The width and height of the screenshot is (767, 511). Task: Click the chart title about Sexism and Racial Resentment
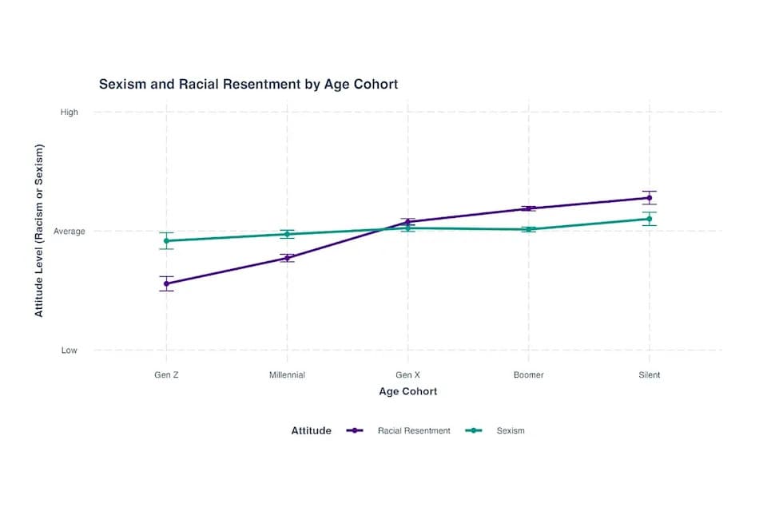pos(248,84)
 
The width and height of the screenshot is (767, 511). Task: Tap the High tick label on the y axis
pos(70,113)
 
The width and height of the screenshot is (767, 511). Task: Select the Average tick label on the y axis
pos(70,232)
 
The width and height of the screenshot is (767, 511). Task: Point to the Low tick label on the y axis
pos(70,351)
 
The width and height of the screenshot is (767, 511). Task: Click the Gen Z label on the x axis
pos(166,374)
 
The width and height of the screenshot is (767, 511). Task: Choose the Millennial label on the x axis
pos(287,374)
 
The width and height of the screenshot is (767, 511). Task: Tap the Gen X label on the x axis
pos(408,374)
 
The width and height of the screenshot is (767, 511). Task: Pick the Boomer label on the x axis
pos(529,374)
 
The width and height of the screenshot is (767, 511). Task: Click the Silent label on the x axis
pos(650,374)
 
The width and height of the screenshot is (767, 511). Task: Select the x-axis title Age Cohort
pos(407,391)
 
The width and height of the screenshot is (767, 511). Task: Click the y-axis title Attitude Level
pos(39,231)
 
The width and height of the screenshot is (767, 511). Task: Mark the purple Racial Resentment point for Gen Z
pos(166,283)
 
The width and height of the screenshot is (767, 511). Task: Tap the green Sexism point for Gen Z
pos(166,240)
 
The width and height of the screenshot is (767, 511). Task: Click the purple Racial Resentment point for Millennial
pos(287,258)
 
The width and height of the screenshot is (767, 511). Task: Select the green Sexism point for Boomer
pos(529,229)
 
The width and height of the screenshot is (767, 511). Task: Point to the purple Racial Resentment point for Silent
pos(650,197)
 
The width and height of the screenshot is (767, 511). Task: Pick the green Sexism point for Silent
pos(650,219)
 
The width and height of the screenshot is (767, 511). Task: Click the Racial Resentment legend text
pos(414,430)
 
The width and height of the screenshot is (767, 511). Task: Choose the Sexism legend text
pos(511,430)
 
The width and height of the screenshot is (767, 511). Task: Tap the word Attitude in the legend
pos(311,430)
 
